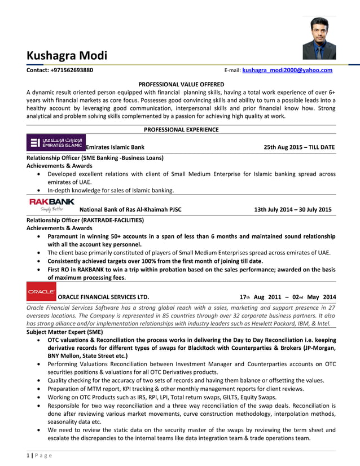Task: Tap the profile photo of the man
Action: pos(319,38)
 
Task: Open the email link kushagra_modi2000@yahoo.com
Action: pos(287,71)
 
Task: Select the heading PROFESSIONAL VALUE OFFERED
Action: pos(181,84)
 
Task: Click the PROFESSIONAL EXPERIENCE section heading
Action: pos(181,129)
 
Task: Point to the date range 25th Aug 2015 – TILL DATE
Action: pos(299,147)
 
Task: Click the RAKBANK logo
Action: pos(51,204)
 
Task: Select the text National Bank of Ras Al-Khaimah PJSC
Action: pos(131,209)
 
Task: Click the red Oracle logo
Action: pos(41,292)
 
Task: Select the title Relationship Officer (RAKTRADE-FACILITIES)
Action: pos(85,219)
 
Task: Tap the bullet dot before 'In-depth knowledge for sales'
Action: pos(38,191)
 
